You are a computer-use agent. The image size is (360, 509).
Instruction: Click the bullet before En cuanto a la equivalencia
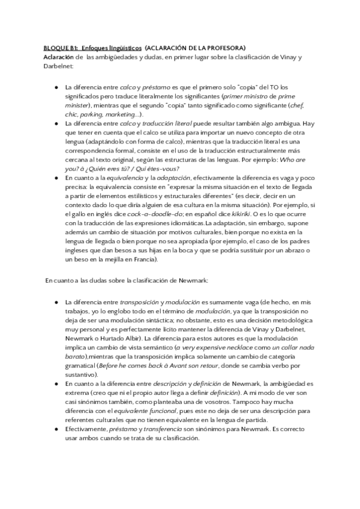pos(56,178)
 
